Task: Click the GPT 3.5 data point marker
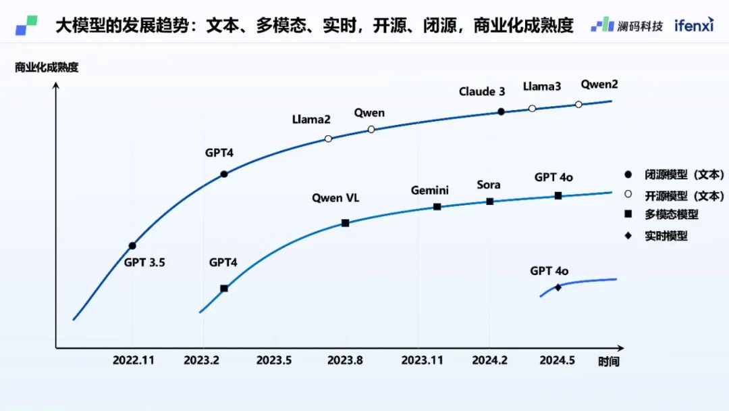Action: pos(132,246)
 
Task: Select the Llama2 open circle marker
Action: pos(328,139)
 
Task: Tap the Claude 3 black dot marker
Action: pos(501,112)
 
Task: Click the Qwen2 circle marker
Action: pos(578,104)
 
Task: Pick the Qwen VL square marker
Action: pos(345,223)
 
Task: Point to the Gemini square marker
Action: pos(437,207)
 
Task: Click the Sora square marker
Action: pos(490,201)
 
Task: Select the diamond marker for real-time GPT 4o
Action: pos(558,287)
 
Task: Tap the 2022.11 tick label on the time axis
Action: pos(133,360)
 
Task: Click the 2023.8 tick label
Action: pos(345,360)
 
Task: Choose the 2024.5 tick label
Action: pos(557,360)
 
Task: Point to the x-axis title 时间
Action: pos(607,362)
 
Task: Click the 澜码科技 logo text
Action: pos(639,26)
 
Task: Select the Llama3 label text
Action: pos(542,87)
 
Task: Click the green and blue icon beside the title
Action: pos(26,26)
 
